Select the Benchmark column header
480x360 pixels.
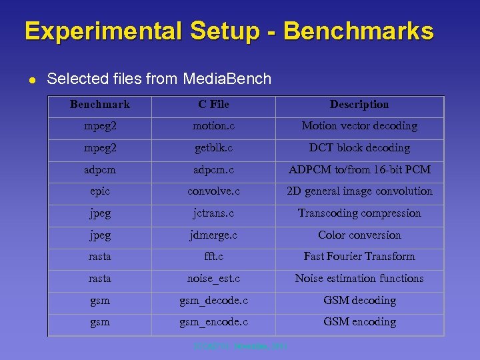(x=100, y=105)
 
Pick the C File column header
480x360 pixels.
(x=213, y=105)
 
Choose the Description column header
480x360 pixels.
(x=359, y=105)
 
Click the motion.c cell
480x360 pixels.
(x=213, y=126)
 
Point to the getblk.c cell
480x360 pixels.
(x=213, y=148)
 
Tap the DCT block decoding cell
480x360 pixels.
(x=359, y=148)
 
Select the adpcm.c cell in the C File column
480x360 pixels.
(x=213, y=170)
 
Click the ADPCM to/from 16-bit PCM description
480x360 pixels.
(x=359, y=170)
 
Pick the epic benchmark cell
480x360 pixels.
(x=100, y=191)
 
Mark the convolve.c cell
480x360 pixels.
(x=213, y=191)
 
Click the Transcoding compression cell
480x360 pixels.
(x=359, y=213)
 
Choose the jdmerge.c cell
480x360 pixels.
(x=213, y=235)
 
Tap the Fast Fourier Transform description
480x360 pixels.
(x=359, y=257)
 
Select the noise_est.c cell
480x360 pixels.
(x=213, y=279)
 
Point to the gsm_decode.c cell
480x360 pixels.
(x=213, y=301)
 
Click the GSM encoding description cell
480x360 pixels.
(x=359, y=322)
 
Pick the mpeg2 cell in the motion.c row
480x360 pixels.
(x=100, y=126)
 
